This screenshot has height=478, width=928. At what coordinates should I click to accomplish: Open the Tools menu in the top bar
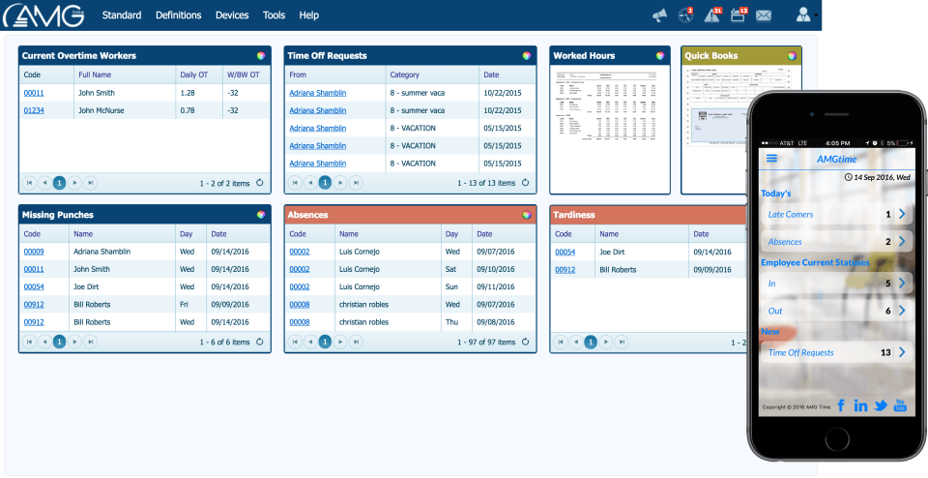[x=274, y=15]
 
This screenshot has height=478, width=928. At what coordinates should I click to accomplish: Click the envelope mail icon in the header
[x=764, y=15]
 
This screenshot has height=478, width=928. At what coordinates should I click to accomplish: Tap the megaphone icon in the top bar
[x=659, y=15]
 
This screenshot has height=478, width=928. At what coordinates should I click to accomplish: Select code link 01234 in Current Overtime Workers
[x=34, y=110]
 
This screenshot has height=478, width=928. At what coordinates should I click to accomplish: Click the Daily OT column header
[x=193, y=75]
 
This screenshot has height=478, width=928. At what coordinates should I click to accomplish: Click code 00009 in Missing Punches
[x=34, y=252]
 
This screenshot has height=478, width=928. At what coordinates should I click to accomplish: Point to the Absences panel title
[x=308, y=215]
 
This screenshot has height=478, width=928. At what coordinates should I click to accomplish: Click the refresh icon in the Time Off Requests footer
[x=526, y=182]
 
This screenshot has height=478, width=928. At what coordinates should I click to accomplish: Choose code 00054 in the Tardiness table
[x=565, y=252]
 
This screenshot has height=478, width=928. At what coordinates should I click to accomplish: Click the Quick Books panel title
[x=711, y=56]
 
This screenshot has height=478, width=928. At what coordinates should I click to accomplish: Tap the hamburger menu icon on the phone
[x=771, y=159]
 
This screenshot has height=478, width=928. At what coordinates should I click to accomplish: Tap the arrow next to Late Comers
[x=902, y=214]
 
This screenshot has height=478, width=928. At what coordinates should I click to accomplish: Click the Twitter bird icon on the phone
[x=881, y=405]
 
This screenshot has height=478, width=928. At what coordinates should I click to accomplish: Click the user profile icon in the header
[x=802, y=15]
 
